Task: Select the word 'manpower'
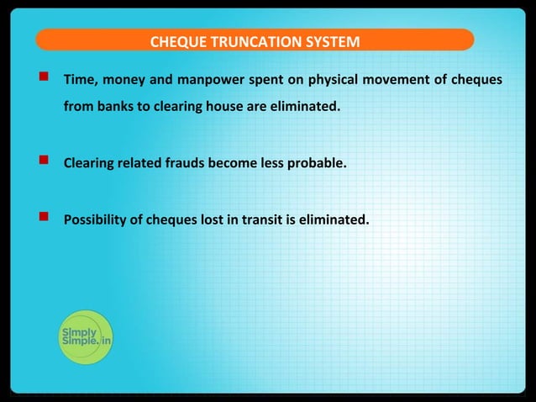pyautogui.click(x=208, y=81)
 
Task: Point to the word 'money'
pyautogui.click(x=123, y=81)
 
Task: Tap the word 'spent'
pyautogui.click(x=260, y=81)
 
